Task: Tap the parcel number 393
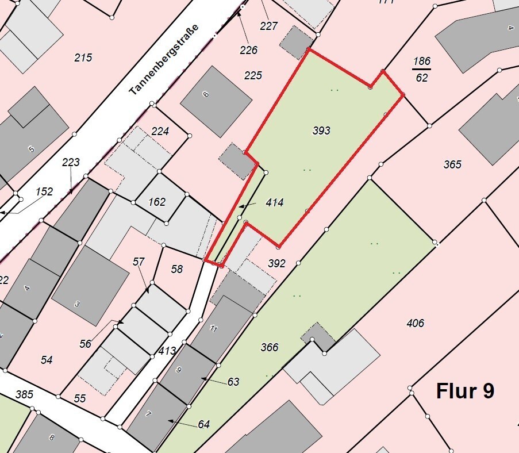(321, 130)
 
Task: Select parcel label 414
(275, 203)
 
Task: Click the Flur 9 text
(465, 391)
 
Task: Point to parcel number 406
(415, 323)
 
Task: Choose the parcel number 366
(269, 347)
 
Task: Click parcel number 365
(452, 164)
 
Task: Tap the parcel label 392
(276, 264)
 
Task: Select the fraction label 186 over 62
(422, 69)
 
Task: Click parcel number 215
(83, 57)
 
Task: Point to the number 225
(253, 75)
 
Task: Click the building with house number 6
(216, 101)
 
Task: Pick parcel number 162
(156, 202)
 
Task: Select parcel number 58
(176, 269)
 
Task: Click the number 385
(24, 394)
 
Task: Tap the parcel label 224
(160, 132)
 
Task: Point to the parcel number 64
(203, 424)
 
